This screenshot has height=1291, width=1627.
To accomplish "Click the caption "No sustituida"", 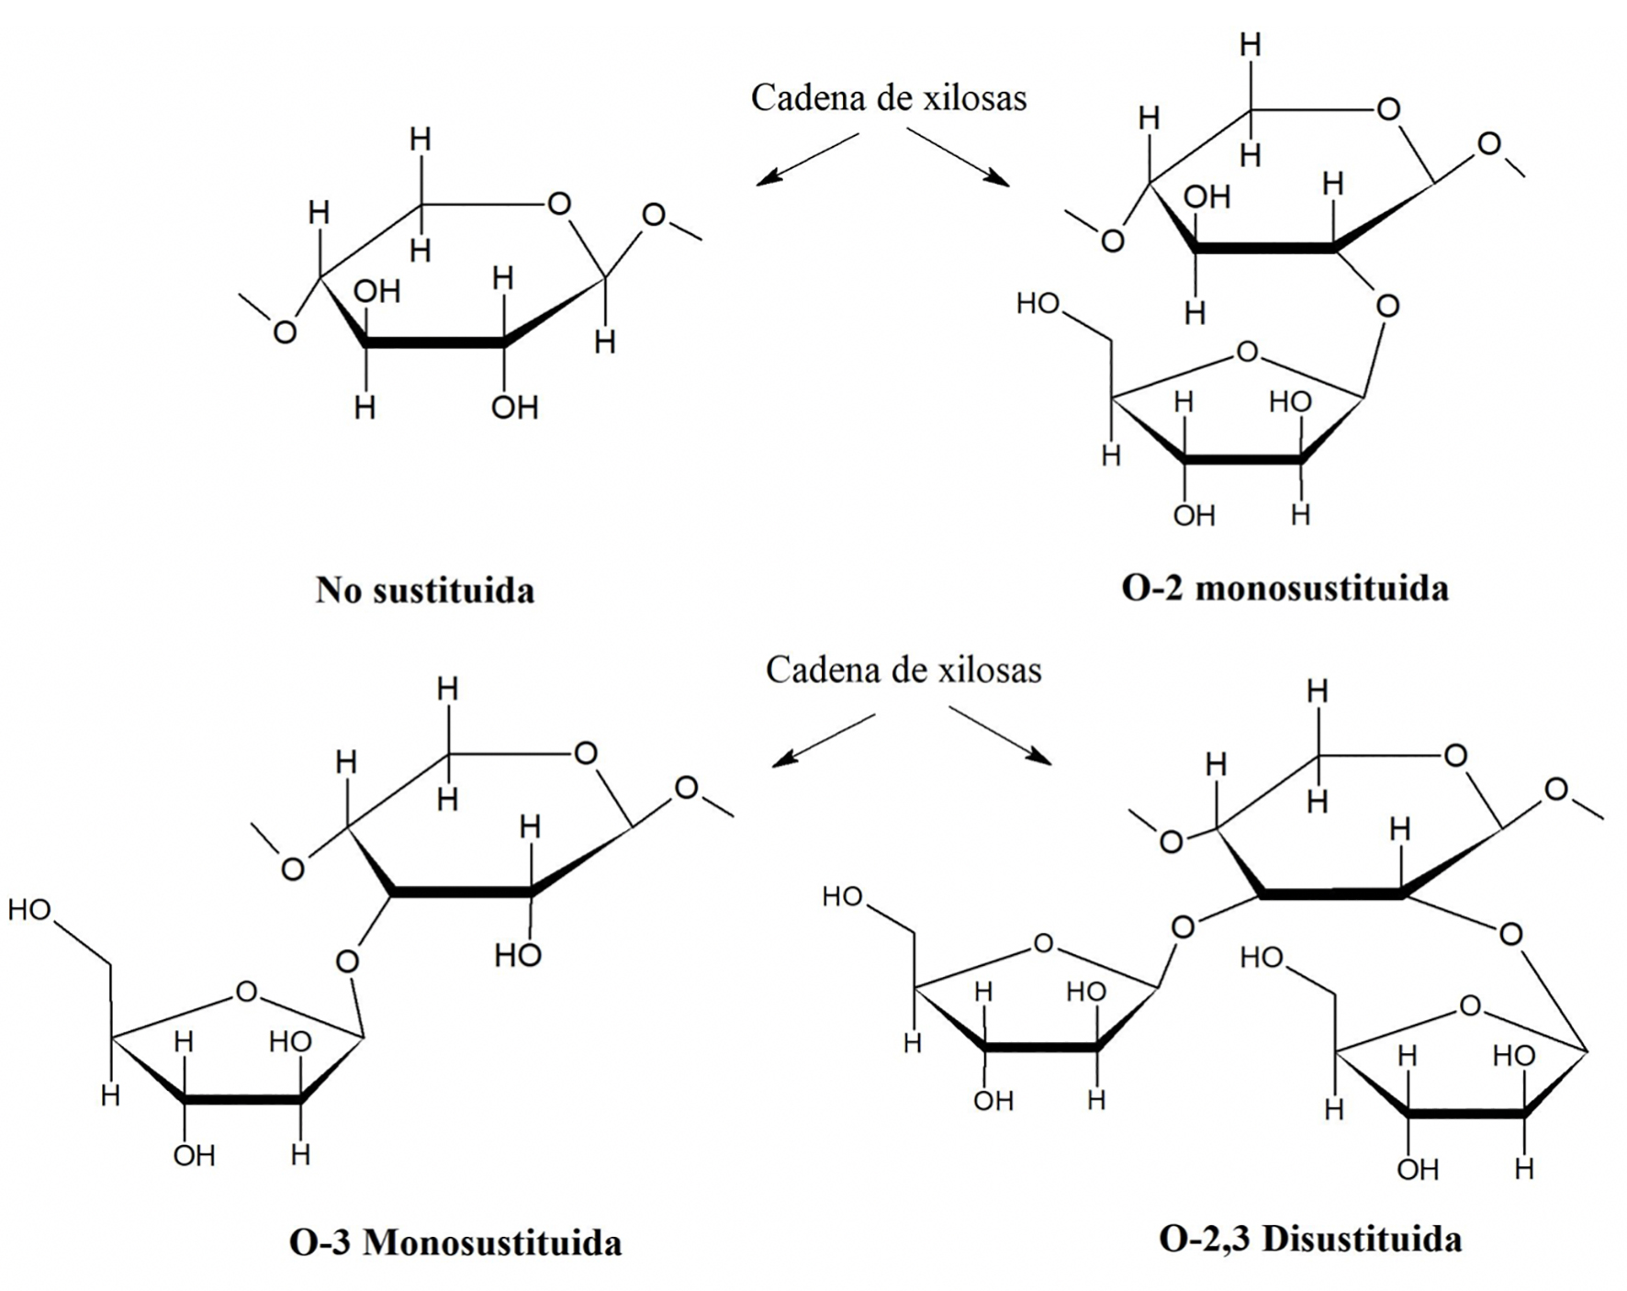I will click(424, 589).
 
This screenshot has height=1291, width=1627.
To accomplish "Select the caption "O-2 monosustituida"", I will click(1285, 588).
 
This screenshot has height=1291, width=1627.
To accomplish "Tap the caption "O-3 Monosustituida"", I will click(455, 1242).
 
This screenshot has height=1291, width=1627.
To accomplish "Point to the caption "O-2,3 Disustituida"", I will click(1310, 1239).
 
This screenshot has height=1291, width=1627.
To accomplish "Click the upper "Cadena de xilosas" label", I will click(888, 97).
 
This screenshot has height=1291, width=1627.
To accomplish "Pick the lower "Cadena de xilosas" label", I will click(903, 669).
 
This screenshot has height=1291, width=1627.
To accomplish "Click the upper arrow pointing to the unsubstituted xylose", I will click(807, 159).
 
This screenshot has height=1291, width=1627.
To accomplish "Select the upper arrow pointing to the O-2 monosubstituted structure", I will click(958, 156).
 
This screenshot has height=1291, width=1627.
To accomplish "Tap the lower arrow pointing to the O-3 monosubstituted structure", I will click(823, 740).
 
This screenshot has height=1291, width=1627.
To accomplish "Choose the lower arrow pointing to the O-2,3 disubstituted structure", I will click(1000, 735).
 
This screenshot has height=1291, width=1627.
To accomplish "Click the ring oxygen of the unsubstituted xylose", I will click(559, 204).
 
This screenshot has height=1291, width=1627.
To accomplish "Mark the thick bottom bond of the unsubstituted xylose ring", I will click(434, 342).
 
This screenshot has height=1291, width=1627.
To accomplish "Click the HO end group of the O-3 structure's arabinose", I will click(29, 910).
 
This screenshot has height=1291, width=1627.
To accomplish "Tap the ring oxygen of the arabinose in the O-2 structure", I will click(1246, 352).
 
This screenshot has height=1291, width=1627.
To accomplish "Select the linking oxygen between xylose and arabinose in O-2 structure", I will click(1387, 306).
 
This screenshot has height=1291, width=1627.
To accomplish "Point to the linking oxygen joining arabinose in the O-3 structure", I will click(347, 961).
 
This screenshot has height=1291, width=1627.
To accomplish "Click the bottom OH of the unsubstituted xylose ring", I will click(514, 407).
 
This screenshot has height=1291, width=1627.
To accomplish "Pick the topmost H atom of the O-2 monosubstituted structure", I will click(1250, 44).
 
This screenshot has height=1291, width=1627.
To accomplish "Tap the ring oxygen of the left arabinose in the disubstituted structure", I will click(1043, 943).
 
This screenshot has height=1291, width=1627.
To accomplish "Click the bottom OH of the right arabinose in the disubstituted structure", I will click(1418, 1169).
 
